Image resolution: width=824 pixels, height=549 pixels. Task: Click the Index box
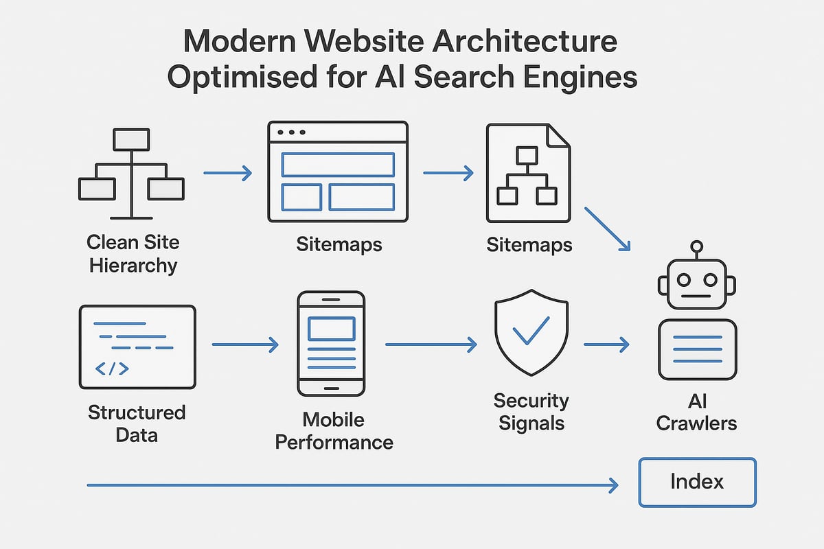(x=697, y=482)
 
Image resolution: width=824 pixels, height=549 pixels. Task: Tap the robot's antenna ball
(x=697, y=246)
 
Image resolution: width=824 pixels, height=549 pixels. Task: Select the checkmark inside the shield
(x=531, y=331)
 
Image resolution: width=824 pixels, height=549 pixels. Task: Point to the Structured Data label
(x=137, y=423)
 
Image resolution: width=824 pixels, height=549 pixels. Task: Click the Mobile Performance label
(x=334, y=430)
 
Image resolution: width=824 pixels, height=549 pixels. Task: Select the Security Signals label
(x=531, y=411)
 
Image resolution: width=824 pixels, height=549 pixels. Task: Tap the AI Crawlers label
(x=696, y=412)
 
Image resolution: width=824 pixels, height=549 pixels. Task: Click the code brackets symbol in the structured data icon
(x=111, y=369)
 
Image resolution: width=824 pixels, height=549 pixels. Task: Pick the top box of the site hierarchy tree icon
(x=131, y=139)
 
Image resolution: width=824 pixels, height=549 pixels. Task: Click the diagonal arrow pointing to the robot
(x=606, y=229)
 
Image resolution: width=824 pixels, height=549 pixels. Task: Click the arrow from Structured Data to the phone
(x=245, y=344)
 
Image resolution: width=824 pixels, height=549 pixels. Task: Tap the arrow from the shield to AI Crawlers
(x=606, y=344)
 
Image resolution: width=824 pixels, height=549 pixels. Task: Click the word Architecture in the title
(x=501, y=43)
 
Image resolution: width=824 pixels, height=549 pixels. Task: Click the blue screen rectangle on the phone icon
(x=331, y=329)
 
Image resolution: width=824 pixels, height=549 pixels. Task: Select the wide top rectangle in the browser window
(x=338, y=165)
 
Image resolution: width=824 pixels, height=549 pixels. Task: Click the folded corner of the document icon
(x=558, y=135)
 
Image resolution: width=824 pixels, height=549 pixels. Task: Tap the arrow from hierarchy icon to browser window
(x=227, y=173)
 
